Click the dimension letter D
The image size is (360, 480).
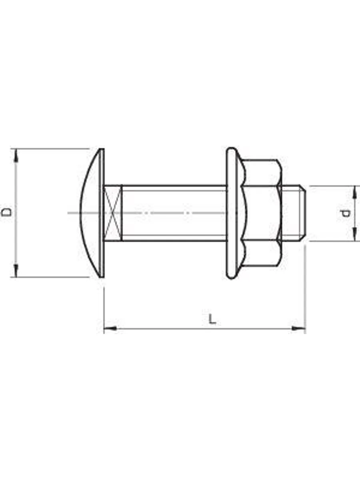(6, 212)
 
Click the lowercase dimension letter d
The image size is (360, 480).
(345, 213)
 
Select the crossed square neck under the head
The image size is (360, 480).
(113, 213)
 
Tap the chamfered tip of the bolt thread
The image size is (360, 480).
(304, 213)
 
